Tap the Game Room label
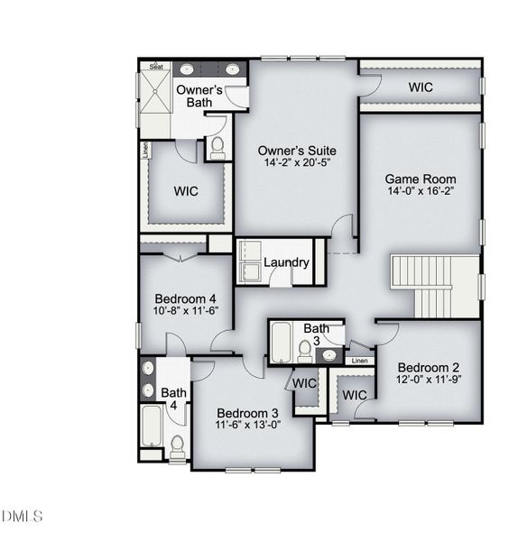[421, 179]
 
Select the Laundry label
[287, 263]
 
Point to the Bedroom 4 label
[186, 298]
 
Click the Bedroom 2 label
[429, 368]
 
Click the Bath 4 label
[173, 399]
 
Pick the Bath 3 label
[316, 334]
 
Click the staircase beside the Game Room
[436, 286]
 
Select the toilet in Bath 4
[177, 444]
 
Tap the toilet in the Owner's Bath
[217, 147]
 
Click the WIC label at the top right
[421, 87]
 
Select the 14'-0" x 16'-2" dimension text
[421, 192]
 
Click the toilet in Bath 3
[305, 349]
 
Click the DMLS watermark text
[23, 516]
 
